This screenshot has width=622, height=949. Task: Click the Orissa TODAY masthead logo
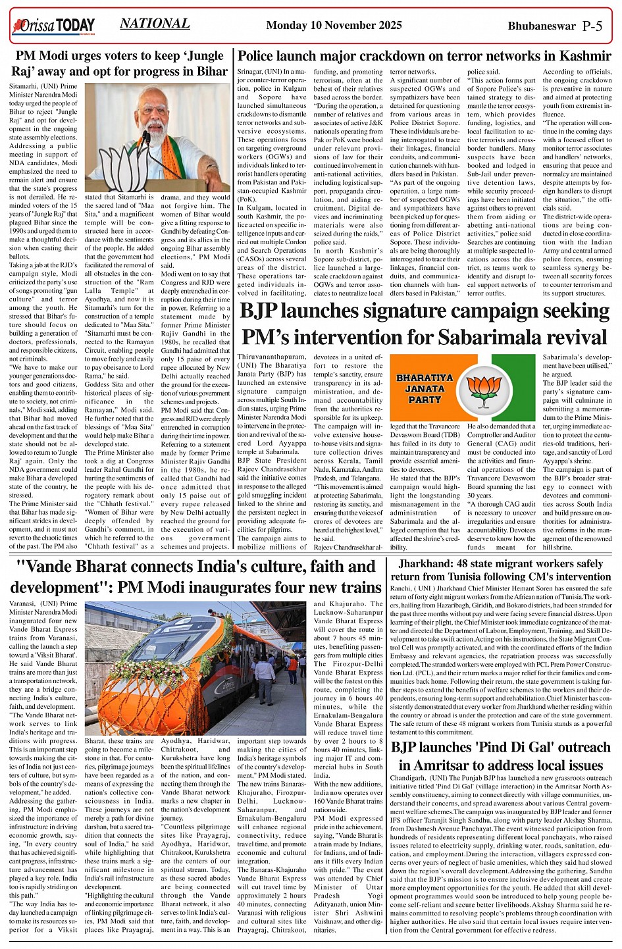click(53, 26)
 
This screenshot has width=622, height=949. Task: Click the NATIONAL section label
click(155, 24)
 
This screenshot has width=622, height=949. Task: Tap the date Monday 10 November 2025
click(334, 26)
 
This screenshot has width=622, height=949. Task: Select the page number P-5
click(592, 26)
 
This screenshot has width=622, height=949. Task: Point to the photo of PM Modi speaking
click(157, 136)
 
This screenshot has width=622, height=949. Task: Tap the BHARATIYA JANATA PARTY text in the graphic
click(425, 388)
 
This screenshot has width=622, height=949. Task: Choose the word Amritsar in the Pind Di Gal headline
click(449, 766)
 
